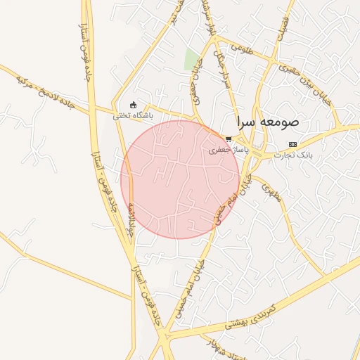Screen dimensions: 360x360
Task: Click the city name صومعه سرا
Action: pos(268,121)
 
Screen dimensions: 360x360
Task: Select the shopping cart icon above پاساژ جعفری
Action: pos(229,139)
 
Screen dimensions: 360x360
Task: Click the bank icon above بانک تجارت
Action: pos(293,143)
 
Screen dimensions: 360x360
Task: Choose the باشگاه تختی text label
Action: pos(133,115)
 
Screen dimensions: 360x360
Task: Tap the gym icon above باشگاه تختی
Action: pos(134,105)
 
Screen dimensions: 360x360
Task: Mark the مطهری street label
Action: pos(271,192)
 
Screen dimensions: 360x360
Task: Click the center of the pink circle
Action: pos(180,179)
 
